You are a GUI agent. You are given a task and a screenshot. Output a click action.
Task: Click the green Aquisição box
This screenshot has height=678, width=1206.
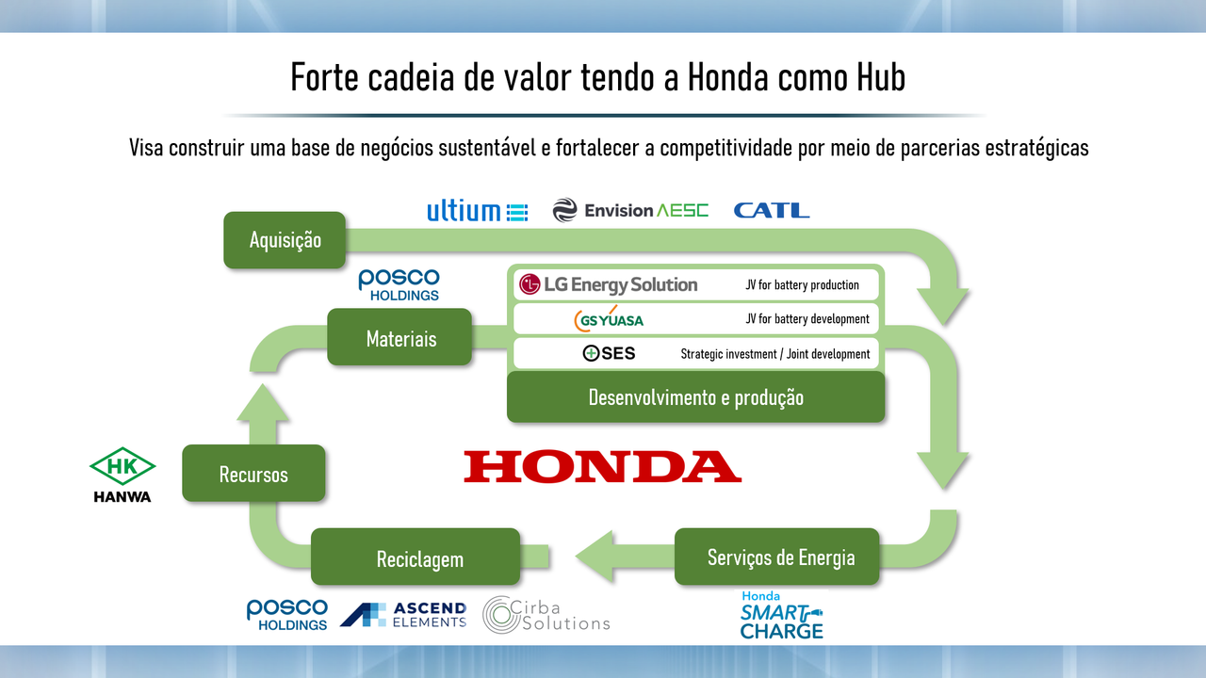(285, 240)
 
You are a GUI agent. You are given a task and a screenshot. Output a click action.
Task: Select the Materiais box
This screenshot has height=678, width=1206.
(399, 337)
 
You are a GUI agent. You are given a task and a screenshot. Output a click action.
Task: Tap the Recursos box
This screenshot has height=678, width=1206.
(253, 473)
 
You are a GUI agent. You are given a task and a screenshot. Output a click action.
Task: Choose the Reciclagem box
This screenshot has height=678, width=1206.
(416, 557)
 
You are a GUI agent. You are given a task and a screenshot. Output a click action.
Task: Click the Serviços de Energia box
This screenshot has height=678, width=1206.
(777, 557)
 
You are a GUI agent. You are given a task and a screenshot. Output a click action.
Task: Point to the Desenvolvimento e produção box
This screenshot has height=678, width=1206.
(695, 397)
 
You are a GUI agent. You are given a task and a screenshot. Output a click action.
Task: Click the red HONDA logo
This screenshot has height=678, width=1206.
(602, 466)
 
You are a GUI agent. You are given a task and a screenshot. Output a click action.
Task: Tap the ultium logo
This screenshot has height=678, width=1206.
(478, 210)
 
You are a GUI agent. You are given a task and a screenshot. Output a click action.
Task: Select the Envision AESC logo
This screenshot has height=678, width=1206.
(630, 210)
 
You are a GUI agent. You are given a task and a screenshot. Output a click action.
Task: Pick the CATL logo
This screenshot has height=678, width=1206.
(772, 210)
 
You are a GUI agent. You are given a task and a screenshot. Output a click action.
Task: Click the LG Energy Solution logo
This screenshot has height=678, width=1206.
(608, 284)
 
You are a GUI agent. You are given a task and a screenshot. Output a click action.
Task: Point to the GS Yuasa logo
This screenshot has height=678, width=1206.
(609, 319)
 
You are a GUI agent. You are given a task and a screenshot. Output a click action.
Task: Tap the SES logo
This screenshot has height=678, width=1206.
(609, 353)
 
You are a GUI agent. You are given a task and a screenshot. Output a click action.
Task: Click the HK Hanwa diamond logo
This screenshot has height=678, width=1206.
(122, 475)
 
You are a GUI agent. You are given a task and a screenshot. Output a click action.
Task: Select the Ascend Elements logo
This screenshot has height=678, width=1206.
(403, 615)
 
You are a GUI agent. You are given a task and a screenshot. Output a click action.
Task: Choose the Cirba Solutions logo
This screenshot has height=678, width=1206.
(546, 615)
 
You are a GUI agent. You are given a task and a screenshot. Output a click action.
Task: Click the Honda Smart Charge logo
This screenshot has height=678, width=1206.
(781, 615)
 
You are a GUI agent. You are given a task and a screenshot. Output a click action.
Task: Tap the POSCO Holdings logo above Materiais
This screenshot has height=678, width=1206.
(399, 284)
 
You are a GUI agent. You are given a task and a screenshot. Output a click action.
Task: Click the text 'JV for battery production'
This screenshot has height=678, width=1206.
(802, 284)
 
